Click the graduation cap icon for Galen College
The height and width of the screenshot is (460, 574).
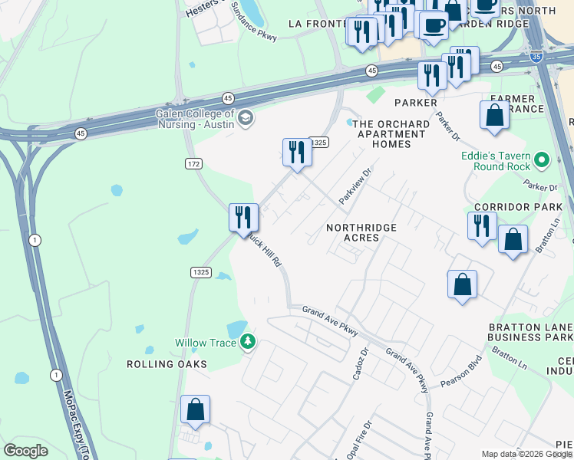(245, 117)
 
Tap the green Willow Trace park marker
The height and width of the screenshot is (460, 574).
(247, 342)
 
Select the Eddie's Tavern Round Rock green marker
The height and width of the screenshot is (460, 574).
(543, 160)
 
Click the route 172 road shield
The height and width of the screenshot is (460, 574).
(193, 164)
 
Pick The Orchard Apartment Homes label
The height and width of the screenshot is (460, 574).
(391, 134)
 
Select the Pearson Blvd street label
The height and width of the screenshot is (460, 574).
(460, 371)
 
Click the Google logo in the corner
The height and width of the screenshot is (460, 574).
(25, 451)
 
